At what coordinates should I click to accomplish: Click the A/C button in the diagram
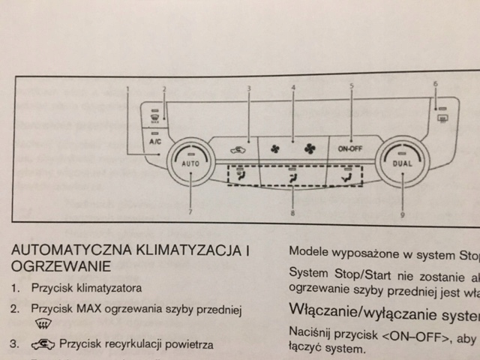156,141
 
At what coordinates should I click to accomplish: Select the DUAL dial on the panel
403,161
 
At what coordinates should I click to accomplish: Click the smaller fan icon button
274,148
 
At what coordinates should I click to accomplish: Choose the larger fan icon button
309,148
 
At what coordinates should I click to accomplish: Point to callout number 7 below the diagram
190,213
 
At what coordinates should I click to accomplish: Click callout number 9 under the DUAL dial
403,214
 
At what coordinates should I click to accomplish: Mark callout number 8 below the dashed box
292,214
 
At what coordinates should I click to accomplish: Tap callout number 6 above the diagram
434,82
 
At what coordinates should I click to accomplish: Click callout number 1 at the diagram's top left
128,88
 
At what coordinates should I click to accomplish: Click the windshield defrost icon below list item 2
43,325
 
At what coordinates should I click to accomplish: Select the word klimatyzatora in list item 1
109,287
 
